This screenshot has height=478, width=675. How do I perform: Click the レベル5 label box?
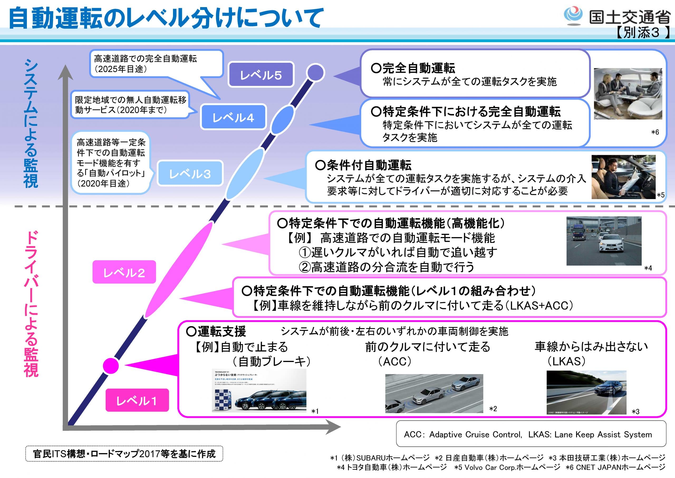coord(261,75)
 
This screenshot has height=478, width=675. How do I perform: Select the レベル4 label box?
coord(233,117)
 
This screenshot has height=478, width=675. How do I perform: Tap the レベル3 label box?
coord(190,173)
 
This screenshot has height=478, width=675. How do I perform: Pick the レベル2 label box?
coord(124,272)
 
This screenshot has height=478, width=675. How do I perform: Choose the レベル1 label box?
coord(137,400)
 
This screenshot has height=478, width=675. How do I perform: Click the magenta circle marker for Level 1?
coord(111,366)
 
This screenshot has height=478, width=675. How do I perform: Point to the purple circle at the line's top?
coord(315,73)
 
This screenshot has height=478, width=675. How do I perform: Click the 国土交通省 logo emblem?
coord(572,16)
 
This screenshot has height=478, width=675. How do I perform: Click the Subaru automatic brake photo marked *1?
coord(259,390)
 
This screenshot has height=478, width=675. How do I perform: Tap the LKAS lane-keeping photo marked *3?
coord(586,392)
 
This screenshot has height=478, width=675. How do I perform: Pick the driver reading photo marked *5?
coord(623,177)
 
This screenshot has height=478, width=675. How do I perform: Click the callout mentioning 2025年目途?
coord(156,64)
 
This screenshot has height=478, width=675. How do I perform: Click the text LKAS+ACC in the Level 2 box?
coord(541,306)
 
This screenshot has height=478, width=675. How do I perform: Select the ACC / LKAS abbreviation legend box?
coord(531,434)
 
